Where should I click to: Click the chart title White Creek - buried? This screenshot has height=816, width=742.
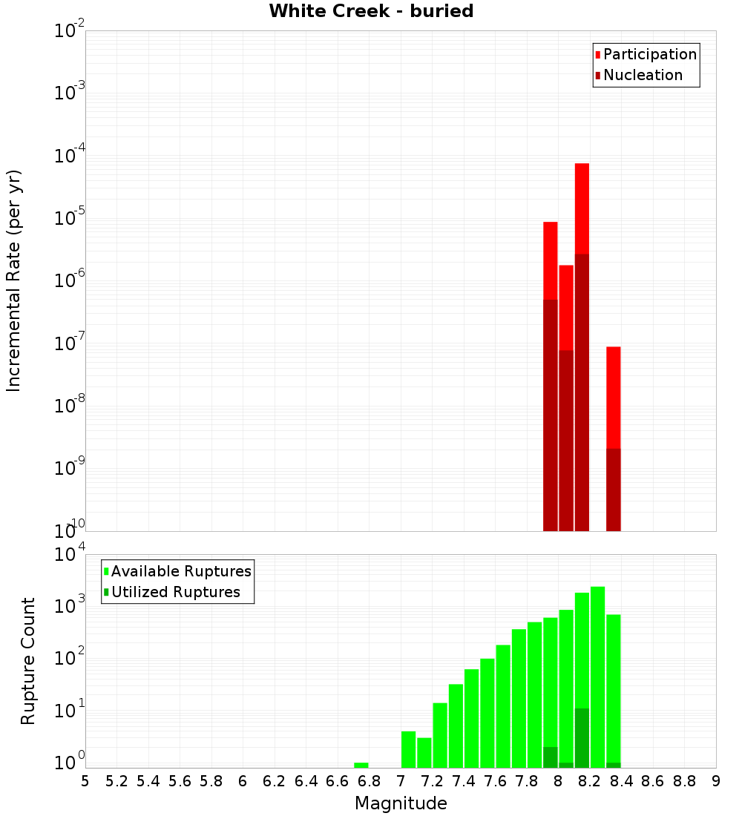371,12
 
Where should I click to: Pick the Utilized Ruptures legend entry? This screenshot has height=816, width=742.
175,592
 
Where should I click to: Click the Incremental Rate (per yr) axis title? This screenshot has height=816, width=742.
14,281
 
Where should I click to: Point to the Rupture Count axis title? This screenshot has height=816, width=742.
28,661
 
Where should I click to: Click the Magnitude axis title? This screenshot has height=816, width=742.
401,803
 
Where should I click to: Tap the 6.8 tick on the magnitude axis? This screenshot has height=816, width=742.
369,781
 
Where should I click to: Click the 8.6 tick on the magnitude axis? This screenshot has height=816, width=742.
653,781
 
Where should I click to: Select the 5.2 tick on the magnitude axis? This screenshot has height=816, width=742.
116,781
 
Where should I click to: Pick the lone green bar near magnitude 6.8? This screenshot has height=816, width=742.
361,765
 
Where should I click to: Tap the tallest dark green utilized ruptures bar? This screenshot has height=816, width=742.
582,737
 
